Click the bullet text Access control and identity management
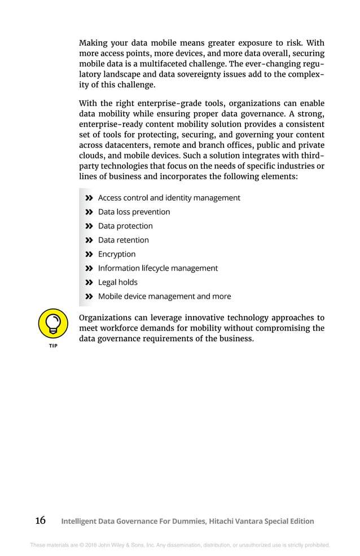click(169, 198)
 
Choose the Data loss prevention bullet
click(134, 212)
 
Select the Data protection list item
click(125, 226)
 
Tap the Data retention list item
click(124, 240)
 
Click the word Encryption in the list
click(117, 254)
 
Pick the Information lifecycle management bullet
click(157, 268)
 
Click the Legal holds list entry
click(117, 283)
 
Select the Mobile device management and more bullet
click(164, 297)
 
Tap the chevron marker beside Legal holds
click(89, 283)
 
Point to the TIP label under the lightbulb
click(53, 346)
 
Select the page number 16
click(40, 520)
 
